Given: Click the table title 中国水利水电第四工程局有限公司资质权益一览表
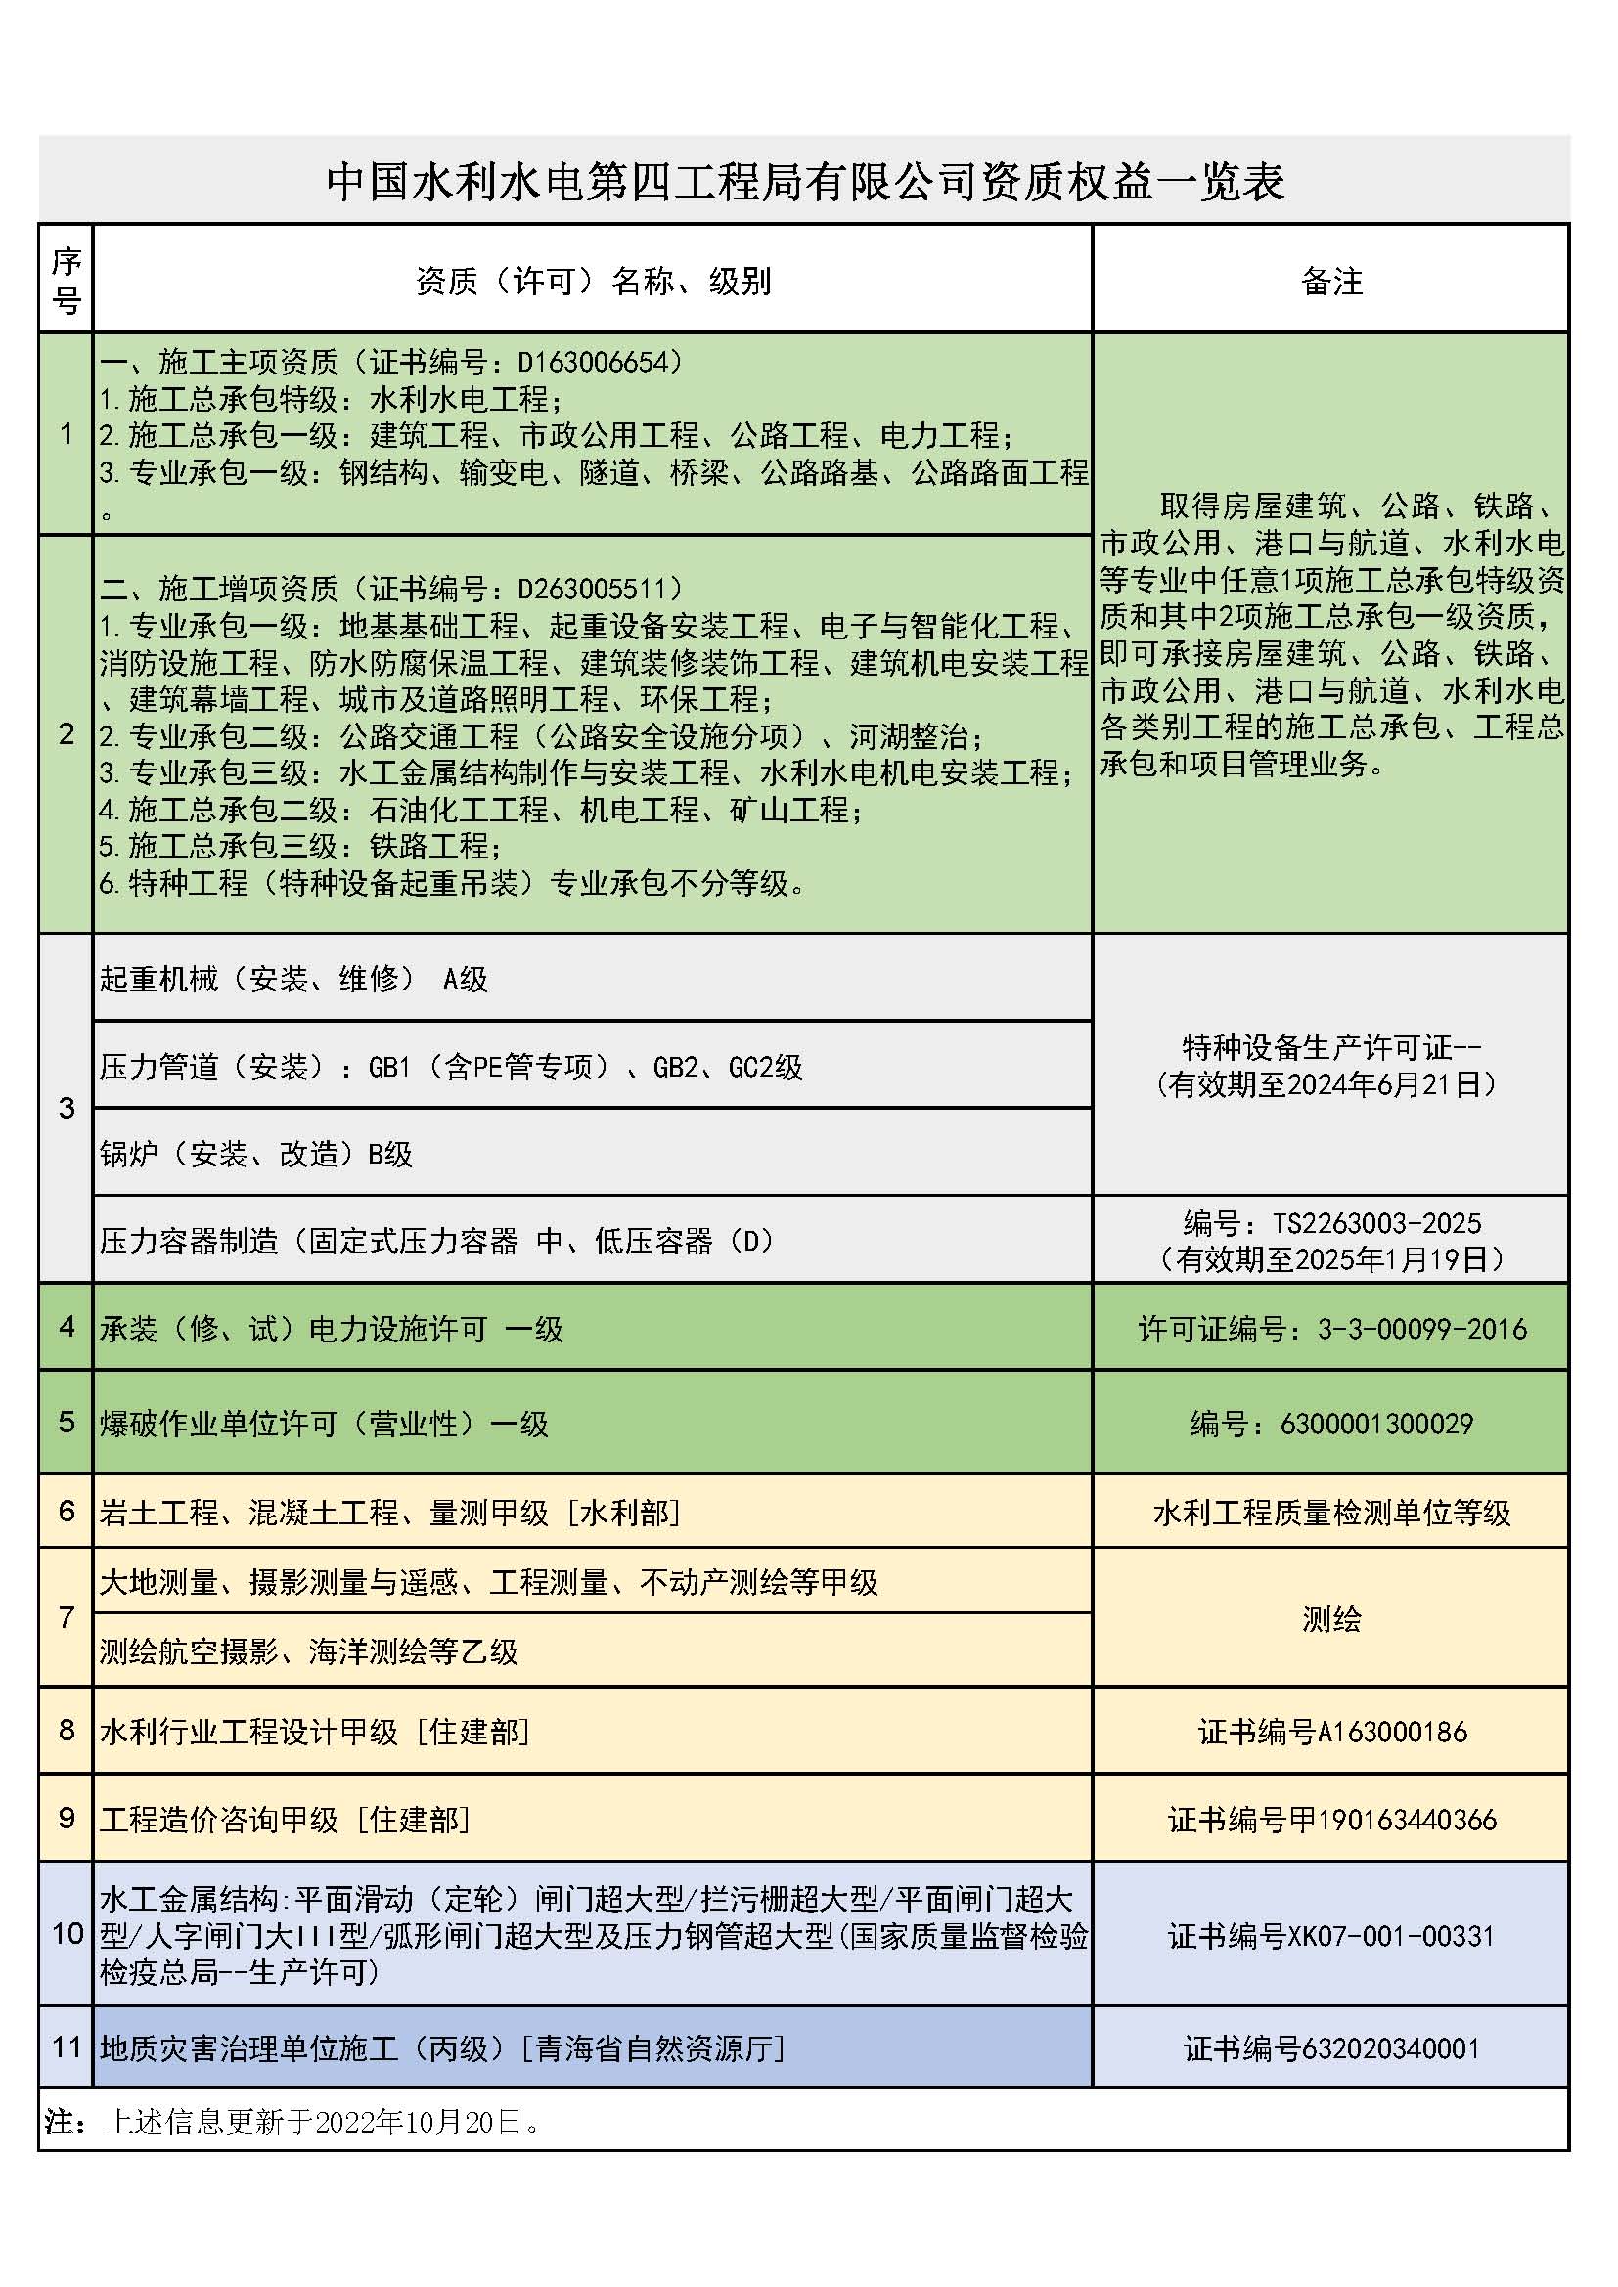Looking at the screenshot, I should click(805, 182).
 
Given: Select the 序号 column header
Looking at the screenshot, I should click(66, 280).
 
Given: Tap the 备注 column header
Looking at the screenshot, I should click(1331, 282).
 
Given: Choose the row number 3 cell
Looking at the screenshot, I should click(66, 1108).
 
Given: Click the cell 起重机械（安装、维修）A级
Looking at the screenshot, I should click(293, 979).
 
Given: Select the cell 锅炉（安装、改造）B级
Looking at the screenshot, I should click(256, 1154).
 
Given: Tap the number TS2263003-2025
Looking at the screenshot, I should click(1376, 1223).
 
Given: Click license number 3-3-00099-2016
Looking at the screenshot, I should click(1421, 1329).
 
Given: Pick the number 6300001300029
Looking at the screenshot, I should click(1376, 1424).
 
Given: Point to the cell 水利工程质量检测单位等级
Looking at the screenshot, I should click(1331, 1513).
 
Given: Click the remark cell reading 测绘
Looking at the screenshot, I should click(1331, 1618).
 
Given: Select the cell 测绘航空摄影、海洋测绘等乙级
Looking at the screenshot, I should click(309, 1651).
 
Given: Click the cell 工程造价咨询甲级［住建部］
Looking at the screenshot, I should click(285, 1820).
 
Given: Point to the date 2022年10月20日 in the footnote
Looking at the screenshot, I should click(419, 2122).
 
